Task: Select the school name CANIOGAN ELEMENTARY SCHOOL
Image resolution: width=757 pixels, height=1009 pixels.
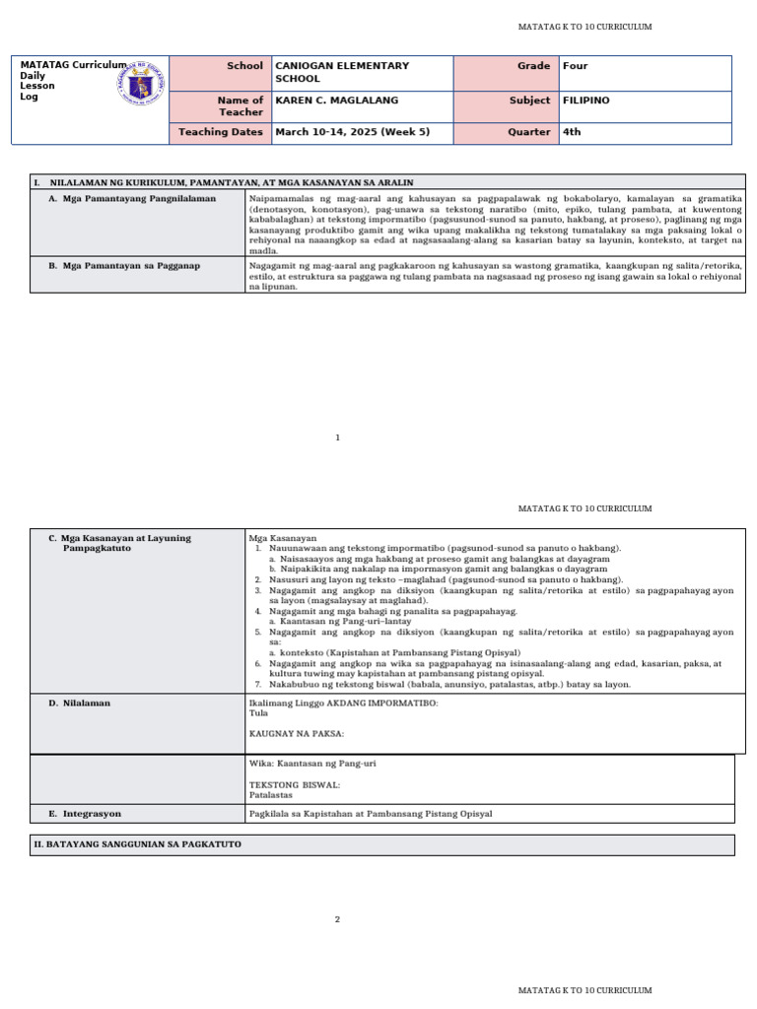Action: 342,72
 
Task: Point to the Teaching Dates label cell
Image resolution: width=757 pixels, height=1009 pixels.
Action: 221,132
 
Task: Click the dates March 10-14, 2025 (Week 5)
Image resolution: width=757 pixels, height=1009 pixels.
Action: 350,132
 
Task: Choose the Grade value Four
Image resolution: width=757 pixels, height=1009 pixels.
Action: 575,66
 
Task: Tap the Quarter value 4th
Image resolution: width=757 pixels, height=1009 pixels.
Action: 572,132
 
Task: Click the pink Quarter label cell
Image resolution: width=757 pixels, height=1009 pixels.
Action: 506,132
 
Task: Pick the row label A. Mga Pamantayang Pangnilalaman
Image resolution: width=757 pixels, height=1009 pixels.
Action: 132,198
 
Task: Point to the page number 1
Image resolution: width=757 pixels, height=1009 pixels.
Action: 337,437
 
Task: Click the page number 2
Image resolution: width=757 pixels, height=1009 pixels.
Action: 337,919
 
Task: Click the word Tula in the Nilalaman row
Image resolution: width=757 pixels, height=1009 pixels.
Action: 258,711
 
